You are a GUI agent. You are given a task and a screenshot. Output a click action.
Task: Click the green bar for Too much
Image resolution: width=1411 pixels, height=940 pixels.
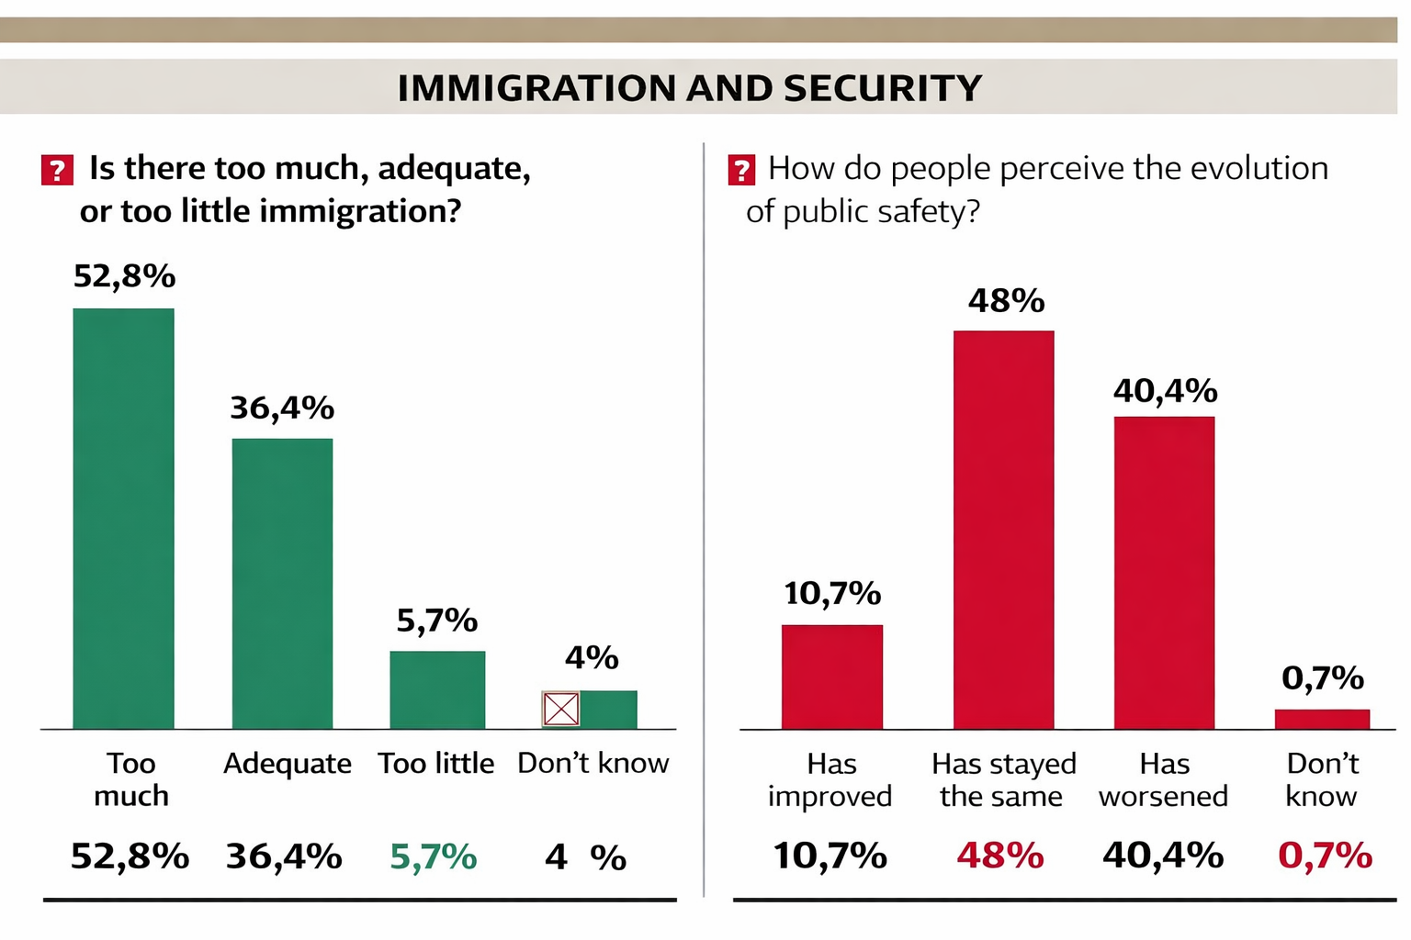click(123, 519)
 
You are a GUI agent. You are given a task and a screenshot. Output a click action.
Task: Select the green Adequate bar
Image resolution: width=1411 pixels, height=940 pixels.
click(282, 584)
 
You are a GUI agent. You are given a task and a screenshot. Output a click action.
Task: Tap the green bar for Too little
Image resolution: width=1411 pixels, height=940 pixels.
click(437, 690)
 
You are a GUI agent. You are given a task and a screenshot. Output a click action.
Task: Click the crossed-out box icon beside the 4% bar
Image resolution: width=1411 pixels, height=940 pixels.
click(560, 709)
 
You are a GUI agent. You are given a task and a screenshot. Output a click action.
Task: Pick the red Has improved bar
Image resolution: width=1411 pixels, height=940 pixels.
click(832, 677)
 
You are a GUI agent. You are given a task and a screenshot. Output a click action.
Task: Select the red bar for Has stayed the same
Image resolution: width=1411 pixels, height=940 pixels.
click(1003, 531)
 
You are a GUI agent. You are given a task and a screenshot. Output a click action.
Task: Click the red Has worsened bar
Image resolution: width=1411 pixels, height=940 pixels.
click(1164, 573)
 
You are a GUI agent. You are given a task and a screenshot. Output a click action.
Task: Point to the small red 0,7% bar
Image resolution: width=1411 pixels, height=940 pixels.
click(1322, 720)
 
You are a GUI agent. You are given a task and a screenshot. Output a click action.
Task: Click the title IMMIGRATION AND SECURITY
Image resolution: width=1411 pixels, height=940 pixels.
click(690, 88)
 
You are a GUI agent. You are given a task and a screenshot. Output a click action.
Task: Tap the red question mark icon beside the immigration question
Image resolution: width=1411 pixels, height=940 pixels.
click(57, 170)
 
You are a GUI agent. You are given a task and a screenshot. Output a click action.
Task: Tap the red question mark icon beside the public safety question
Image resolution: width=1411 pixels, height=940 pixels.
click(741, 170)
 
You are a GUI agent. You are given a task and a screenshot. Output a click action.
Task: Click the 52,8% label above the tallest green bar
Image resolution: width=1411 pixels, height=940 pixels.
click(124, 276)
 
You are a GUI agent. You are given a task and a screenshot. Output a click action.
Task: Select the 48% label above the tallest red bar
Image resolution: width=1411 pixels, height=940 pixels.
click(1006, 301)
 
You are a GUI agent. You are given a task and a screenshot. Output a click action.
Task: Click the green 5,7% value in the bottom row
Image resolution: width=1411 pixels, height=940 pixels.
click(433, 857)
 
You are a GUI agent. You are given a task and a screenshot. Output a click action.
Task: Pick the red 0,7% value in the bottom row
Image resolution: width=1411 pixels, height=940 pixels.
click(1325, 856)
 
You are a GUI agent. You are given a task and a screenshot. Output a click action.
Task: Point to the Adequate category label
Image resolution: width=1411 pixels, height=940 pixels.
click(287, 764)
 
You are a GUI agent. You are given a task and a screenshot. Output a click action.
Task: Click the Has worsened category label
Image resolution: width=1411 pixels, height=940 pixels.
click(1164, 780)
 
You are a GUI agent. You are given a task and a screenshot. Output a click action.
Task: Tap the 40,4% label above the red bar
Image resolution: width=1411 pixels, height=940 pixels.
click(1165, 392)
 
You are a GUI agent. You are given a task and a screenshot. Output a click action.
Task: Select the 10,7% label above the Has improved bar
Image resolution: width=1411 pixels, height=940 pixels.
click(832, 594)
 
